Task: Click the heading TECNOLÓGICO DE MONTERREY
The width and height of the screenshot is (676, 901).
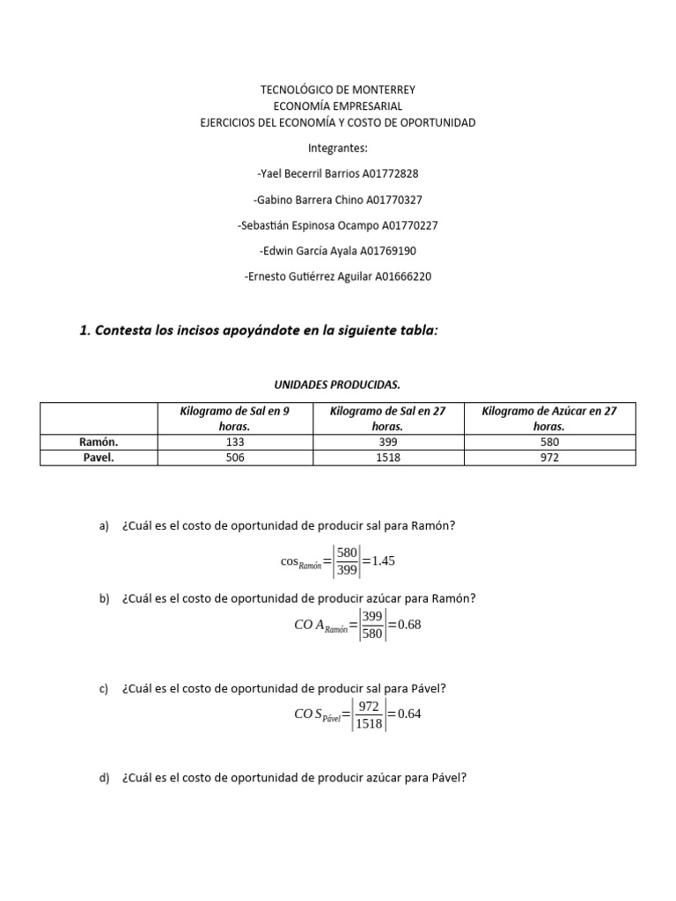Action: point(338,90)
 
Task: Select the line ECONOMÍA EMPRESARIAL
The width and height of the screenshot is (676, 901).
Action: point(338,106)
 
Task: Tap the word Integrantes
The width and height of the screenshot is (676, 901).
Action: point(338,148)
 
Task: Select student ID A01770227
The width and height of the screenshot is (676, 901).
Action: point(407,225)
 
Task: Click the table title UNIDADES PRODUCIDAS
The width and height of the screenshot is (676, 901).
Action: point(338,385)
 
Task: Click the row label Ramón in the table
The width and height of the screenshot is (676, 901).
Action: point(99,442)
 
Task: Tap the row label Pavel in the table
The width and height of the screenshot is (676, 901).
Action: point(99,458)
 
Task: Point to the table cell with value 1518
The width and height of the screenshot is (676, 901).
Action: point(387,458)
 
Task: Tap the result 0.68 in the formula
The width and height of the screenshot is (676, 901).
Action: point(410,625)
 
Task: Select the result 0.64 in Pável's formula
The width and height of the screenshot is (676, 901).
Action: point(409,714)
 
